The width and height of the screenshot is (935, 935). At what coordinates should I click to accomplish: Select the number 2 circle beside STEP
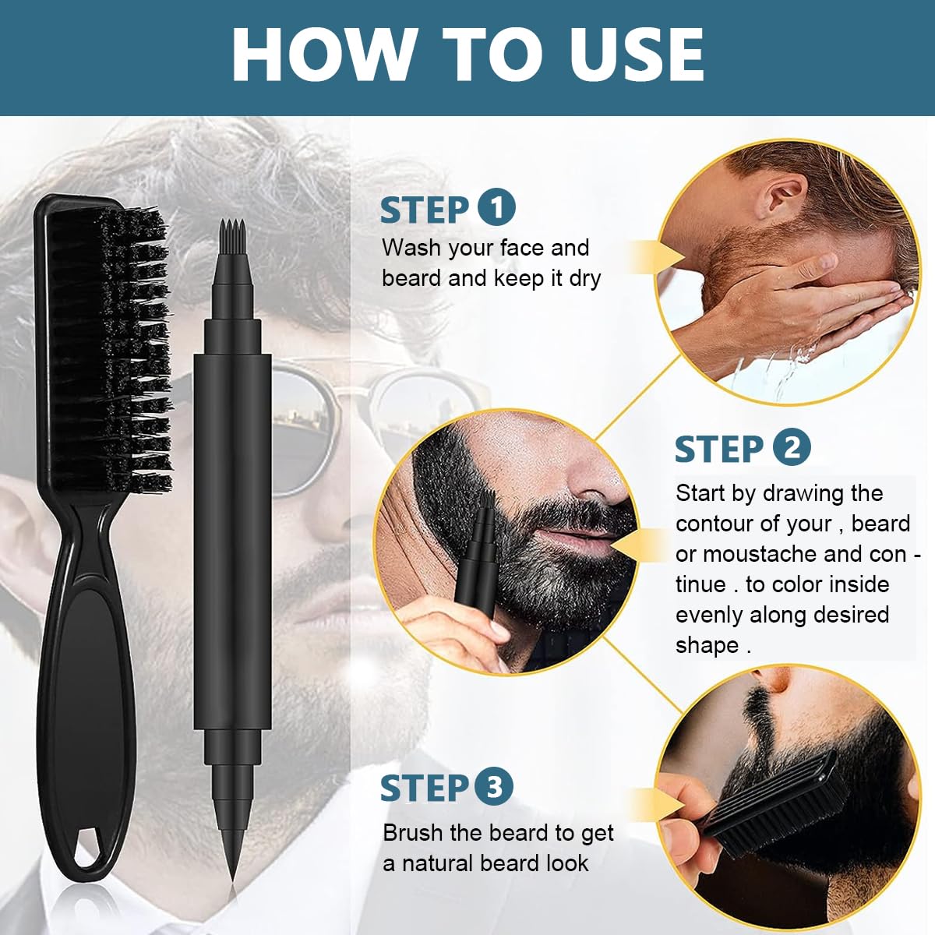click(x=791, y=448)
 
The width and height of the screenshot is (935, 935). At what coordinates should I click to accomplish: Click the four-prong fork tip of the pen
click(x=233, y=231)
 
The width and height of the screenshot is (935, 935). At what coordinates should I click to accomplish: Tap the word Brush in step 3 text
click(x=414, y=833)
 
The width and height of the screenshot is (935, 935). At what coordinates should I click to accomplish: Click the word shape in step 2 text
click(x=707, y=645)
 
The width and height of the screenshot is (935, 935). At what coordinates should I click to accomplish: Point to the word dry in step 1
click(x=584, y=278)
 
